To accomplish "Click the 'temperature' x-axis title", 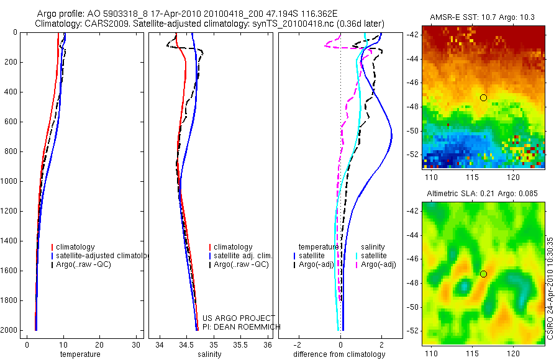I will [80, 354].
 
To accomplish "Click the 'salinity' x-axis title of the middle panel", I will [208, 354].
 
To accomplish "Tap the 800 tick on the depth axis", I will [12, 151].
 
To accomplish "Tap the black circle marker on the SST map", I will [483, 97].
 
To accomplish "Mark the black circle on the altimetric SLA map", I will [483, 274].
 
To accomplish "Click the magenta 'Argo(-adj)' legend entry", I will [378, 264].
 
